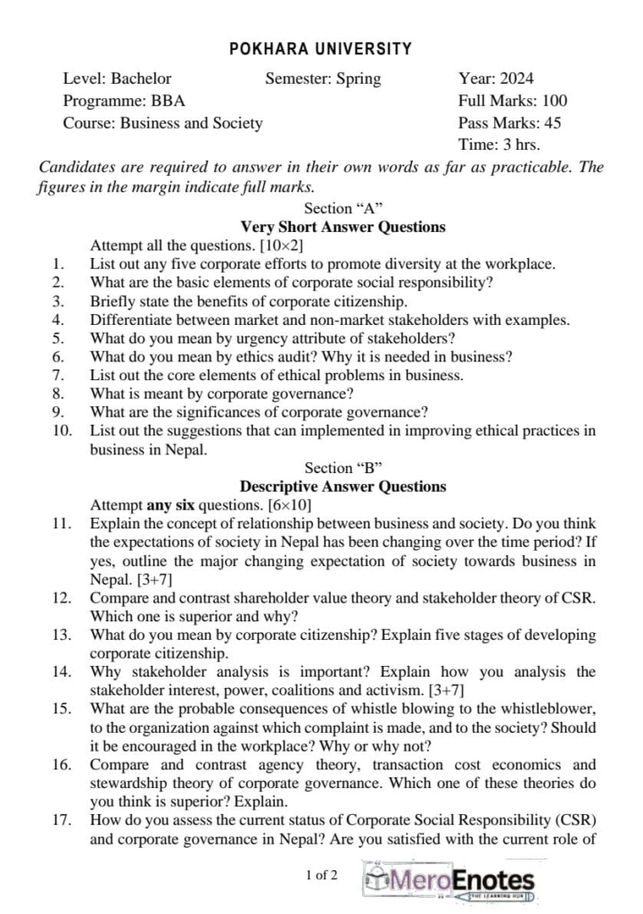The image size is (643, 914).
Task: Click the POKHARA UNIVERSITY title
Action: (x=321, y=49)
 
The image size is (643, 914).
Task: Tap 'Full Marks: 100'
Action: (x=512, y=101)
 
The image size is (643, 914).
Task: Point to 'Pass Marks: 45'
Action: (x=509, y=123)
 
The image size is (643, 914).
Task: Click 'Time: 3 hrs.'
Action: (x=499, y=145)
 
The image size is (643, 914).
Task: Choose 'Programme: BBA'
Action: (x=124, y=101)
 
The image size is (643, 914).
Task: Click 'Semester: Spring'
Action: (x=323, y=79)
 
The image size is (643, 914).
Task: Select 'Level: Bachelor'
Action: (x=117, y=79)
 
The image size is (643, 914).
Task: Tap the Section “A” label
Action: (x=343, y=209)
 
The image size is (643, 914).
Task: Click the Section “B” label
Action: (x=343, y=468)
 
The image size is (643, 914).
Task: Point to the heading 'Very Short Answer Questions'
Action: (x=343, y=227)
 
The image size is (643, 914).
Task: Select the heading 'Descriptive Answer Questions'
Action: (x=343, y=486)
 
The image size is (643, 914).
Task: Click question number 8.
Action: (x=57, y=393)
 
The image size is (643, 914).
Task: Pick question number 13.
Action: (x=61, y=635)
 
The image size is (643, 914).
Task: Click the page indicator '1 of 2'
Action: (x=321, y=875)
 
